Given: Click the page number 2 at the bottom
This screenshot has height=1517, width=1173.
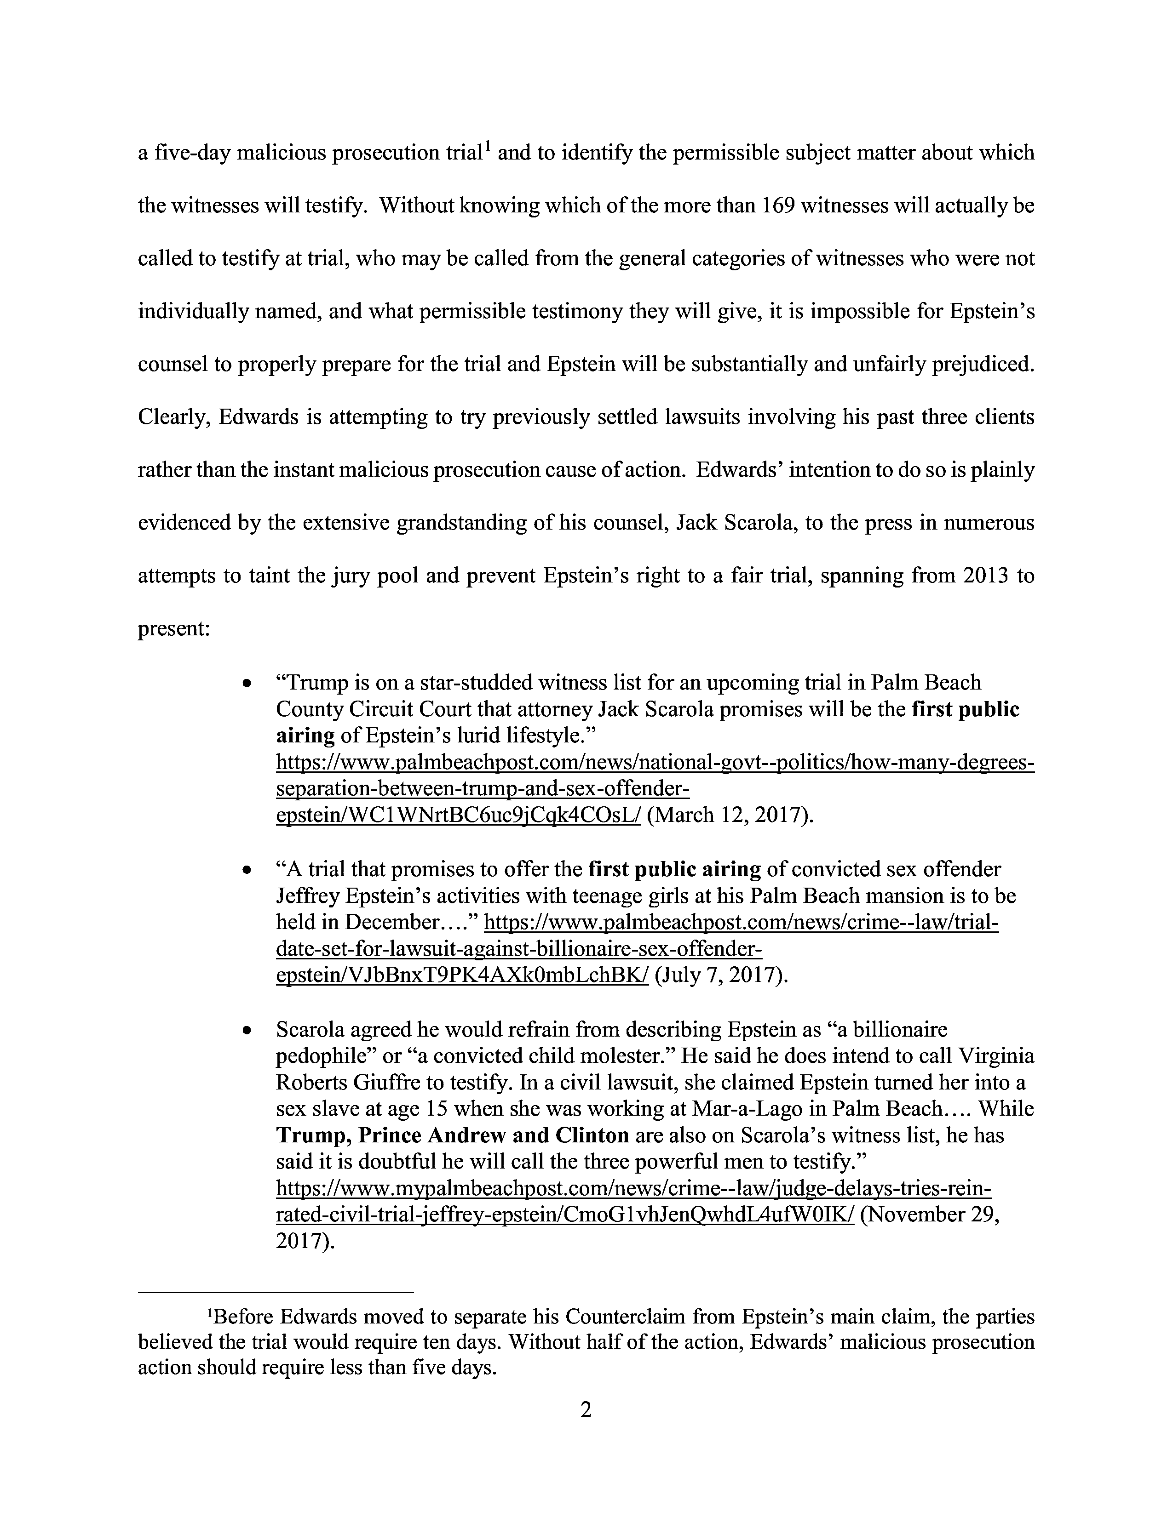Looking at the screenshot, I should point(586,1409).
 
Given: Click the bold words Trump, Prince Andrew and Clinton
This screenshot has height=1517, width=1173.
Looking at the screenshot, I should point(452,1135).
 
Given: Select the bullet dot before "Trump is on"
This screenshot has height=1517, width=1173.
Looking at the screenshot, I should point(246,684).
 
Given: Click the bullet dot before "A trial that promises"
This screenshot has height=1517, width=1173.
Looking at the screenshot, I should point(246,870).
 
